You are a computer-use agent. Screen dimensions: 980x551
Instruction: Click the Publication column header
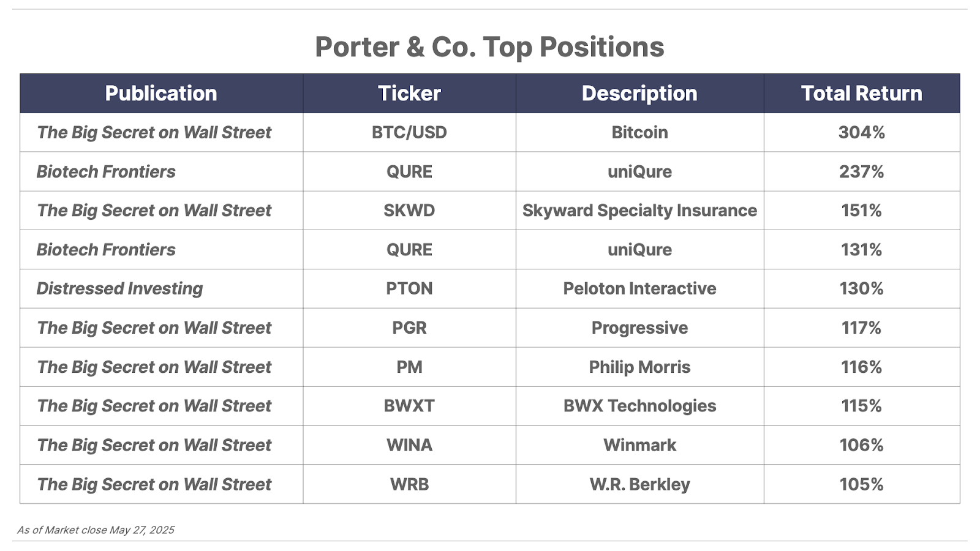click(x=161, y=93)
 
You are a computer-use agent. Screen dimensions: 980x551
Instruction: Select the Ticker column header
click(x=409, y=93)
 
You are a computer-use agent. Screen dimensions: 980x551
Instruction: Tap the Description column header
click(x=639, y=93)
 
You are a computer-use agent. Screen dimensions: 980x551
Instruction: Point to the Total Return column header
click(x=861, y=93)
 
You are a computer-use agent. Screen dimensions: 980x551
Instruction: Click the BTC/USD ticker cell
click(x=409, y=132)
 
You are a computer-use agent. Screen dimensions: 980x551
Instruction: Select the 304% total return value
click(x=861, y=132)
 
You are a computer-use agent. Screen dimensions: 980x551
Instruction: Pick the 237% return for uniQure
click(x=861, y=171)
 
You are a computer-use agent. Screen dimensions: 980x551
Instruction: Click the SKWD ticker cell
click(x=409, y=211)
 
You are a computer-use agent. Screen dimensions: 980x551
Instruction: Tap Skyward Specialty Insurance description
click(x=639, y=211)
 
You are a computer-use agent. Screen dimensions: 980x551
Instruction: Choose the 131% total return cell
click(x=861, y=250)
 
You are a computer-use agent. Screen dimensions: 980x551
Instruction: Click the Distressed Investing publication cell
click(x=119, y=288)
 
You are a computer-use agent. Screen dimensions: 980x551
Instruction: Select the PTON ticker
click(x=409, y=288)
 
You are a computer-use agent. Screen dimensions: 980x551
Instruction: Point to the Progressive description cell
click(x=639, y=328)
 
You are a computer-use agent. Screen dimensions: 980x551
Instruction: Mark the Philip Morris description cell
click(x=639, y=367)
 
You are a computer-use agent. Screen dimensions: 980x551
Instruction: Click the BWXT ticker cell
click(x=409, y=406)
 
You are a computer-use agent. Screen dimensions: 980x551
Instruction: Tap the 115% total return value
click(x=861, y=406)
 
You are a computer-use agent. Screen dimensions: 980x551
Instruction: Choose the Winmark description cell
click(x=639, y=445)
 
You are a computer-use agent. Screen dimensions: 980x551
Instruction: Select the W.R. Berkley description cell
click(x=639, y=484)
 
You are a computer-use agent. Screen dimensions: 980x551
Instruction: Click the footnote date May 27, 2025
click(x=141, y=530)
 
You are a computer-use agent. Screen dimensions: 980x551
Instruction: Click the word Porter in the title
click(x=357, y=47)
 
